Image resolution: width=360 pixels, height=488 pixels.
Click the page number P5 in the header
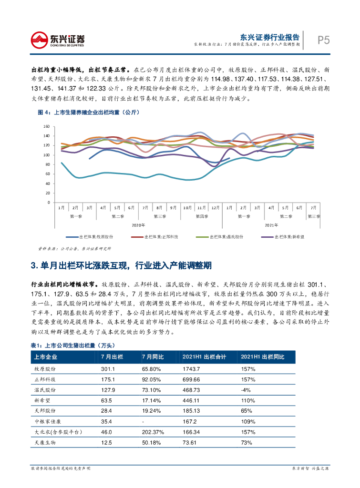tap(323, 40)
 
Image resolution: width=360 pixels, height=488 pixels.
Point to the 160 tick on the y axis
tap(46, 127)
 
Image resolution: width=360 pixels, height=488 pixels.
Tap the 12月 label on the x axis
tap(216, 208)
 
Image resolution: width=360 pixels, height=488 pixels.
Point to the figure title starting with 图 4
tap(82, 113)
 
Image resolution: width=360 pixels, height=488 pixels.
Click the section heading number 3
tap(33, 265)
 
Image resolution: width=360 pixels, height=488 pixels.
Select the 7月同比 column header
tap(153, 357)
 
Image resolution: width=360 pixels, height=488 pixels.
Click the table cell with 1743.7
tap(192, 369)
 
